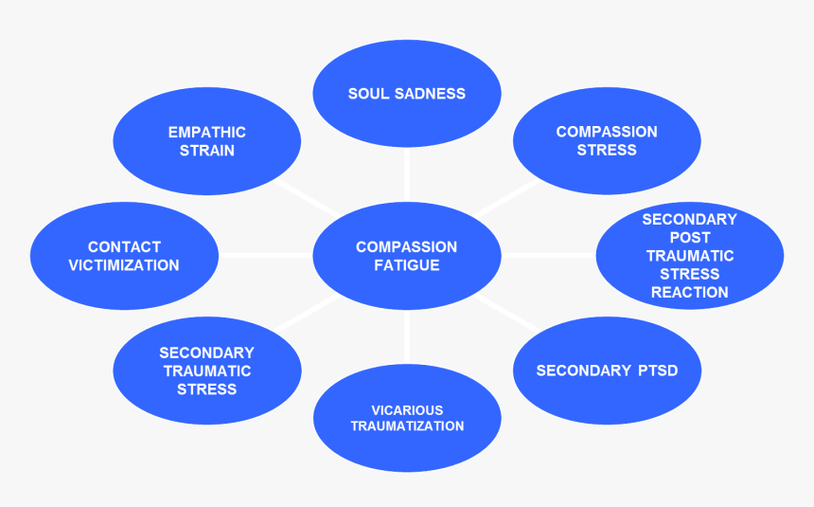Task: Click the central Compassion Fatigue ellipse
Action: pyautogui.click(x=407, y=256)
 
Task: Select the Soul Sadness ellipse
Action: pyautogui.click(x=407, y=94)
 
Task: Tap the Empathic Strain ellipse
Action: pyautogui.click(x=207, y=141)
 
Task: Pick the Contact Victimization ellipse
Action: pyautogui.click(x=123, y=256)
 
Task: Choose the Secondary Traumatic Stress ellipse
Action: pyautogui.click(x=207, y=371)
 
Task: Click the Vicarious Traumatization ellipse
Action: pyautogui.click(x=407, y=418)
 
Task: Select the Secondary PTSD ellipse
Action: pyautogui.click(x=607, y=371)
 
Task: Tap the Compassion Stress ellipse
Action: pyautogui.click(x=607, y=141)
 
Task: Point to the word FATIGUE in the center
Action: pyautogui.click(x=407, y=265)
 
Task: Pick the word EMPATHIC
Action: pyautogui.click(x=207, y=132)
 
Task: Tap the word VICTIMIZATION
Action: pyautogui.click(x=123, y=265)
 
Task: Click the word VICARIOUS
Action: pyautogui.click(x=407, y=409)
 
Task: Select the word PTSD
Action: pyautogui.click(x=658, y=371)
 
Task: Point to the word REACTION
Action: pyautogui.click(x=690, y=292)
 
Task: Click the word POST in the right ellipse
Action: pyautogui.click(x=690, y=237)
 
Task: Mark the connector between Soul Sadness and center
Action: pyautogui.click(x=407, y=172)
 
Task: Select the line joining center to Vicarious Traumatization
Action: pyautogui.click(x=407, y=338)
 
